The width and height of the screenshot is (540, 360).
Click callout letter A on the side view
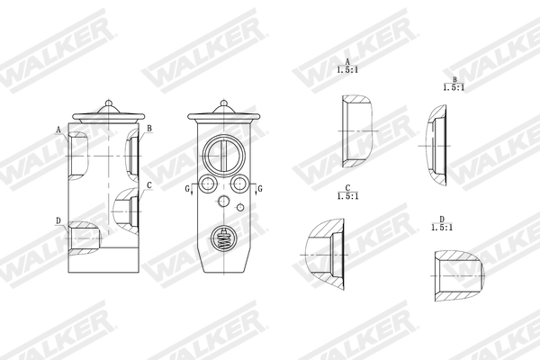point(58,130)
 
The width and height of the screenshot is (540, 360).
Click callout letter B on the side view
point(149,129)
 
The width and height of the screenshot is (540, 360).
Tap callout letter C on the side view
point(148,184)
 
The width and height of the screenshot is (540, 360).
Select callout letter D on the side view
point(58,220)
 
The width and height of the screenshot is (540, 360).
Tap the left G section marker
point(188,188)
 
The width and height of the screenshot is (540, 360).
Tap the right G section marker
point(259,188)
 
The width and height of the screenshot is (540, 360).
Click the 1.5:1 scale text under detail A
point(346,69)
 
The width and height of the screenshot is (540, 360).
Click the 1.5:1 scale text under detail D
point(442,229)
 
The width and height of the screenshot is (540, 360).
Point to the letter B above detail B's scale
point(454,78)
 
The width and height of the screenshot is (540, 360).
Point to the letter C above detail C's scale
point(346,186)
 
